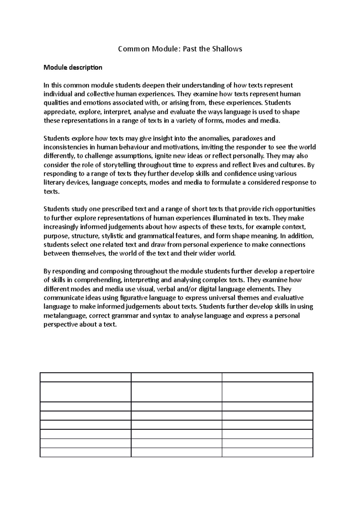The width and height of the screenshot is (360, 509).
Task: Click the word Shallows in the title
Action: (227, 49)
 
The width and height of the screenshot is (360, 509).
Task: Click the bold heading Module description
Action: (73, 67)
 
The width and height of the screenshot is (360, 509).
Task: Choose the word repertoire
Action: (299, 271)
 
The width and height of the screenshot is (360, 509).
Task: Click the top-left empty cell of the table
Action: (85, 377)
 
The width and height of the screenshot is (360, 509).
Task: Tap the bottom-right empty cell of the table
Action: (267, 452)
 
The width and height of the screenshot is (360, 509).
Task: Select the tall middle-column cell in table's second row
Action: (176, 391)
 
